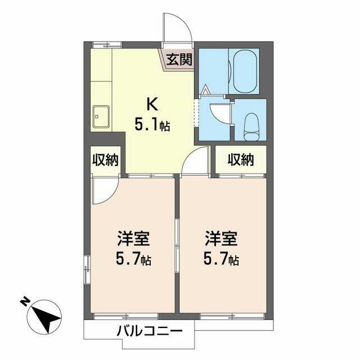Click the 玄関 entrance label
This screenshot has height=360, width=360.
click(179, 59)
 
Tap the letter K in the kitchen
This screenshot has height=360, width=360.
click(152, 104)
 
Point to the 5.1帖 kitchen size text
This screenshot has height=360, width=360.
click(152, 125)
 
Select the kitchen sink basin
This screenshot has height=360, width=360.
click(101, 116)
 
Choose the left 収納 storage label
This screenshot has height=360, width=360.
click(105, 160)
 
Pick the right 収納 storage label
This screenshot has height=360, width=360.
click(241, 159)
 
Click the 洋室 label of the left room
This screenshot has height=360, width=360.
click(133, 238)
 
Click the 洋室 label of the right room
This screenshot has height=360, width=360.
click(221, 238)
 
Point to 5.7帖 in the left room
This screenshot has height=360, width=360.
click(133, 260)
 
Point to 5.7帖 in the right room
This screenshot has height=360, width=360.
click(221, 260)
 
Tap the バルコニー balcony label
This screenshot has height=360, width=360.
click(150, 331)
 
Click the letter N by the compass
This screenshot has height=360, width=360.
click(25, 301)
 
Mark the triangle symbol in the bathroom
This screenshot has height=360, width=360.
click(206, 89)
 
